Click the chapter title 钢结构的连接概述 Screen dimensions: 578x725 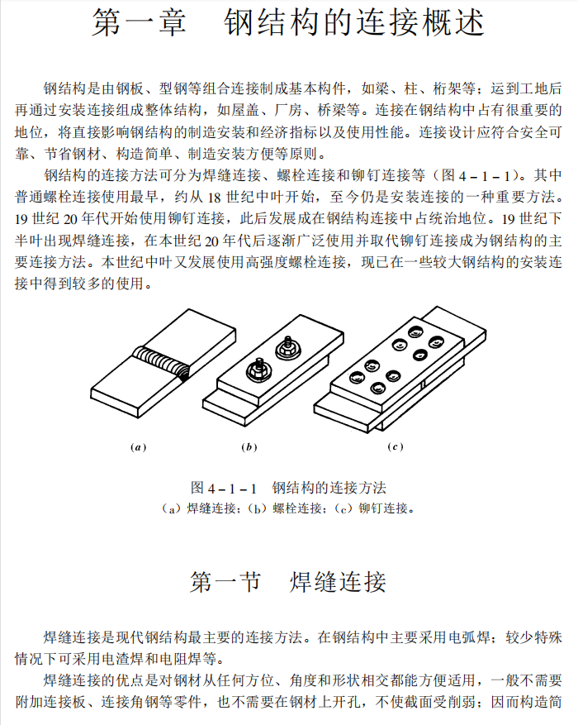354,22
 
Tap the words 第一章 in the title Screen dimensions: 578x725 139,22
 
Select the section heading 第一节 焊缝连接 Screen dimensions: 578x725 288,581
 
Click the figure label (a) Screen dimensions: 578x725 138,447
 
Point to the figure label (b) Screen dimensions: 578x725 249,447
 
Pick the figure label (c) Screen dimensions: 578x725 396,446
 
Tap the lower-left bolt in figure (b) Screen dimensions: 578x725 258,370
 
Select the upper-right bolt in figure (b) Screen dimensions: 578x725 289,348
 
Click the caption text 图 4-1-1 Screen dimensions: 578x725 224,488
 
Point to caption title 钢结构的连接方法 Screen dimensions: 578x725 329,488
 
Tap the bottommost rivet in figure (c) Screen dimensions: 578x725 378,388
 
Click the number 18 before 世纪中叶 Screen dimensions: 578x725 214,198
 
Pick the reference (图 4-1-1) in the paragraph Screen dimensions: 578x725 475,176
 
